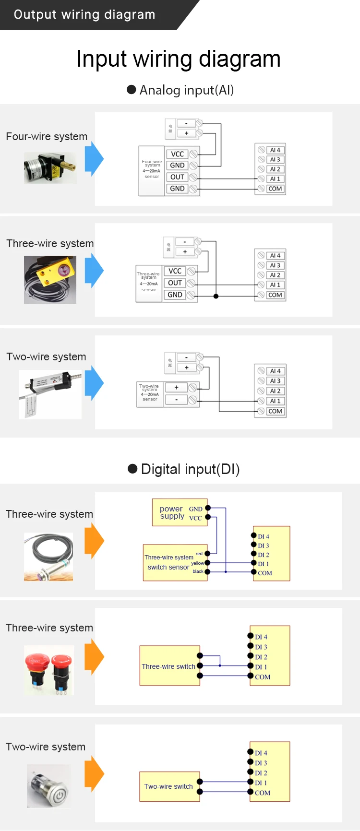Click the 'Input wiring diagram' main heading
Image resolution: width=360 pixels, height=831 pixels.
pos(179,59)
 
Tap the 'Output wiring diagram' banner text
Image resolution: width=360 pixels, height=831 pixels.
pos(84,14)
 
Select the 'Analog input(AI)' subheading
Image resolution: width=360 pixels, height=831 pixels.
pos(186,90)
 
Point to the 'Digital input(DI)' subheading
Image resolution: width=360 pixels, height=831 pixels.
pos(190,469)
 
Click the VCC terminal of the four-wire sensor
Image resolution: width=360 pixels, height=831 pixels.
pos(178,154)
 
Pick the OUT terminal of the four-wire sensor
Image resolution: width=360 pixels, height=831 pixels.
pos(178,177)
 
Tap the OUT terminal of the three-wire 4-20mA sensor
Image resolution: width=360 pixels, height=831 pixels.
pos(175,283)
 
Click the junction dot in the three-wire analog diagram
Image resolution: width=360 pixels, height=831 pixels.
pos(216,296)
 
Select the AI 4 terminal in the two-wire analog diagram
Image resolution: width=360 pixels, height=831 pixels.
pos(275,371)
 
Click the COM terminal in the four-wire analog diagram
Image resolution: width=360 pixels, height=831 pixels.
pos(275,189)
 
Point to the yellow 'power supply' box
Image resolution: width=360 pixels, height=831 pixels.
pos(180,512)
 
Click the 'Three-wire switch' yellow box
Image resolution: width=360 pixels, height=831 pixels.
pos(169,666)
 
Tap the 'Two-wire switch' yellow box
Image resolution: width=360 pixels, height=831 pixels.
pos(169,786)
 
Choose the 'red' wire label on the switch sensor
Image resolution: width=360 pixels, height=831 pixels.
pos(199,554)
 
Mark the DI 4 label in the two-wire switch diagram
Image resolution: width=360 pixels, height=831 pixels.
pos(261,753)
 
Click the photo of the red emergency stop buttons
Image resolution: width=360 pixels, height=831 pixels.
pos(49,670)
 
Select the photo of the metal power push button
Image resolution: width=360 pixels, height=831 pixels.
pos(49,786)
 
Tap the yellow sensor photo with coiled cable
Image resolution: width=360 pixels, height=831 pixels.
pos(50,280)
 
